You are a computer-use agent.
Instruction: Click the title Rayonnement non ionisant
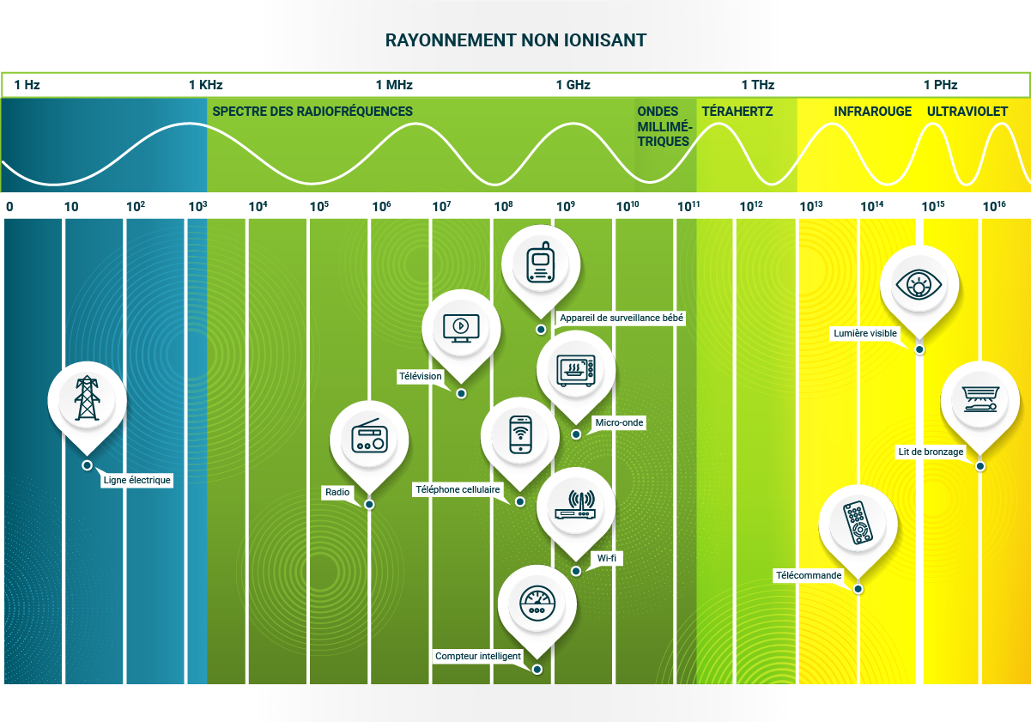click(x=515, y=40)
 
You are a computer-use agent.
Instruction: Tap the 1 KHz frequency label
click(x=206, y=85)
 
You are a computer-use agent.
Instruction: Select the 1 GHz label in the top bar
click(x=573, y=85)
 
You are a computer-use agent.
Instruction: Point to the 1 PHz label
click(x=940, y=85)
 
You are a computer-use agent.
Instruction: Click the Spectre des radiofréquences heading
click(x=312, y=112)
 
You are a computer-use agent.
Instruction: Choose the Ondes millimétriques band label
click(x=664, y=126)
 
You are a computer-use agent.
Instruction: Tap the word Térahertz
click(x=737, y=112)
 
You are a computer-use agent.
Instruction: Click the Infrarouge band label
click(x=872, y=112)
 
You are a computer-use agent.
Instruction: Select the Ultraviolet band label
click(x=967, y=112)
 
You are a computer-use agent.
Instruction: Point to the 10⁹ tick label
click(x=565, y=206)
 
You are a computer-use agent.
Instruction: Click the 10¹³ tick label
click(x=810, y=206)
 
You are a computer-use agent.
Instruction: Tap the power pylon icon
click(x=88, y=398)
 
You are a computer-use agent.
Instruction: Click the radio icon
click(x=370, y=436)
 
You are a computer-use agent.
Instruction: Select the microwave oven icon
click(x=576, y=370)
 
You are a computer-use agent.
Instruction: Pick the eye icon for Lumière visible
click(x=919, y=283)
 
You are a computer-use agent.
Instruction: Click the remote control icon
click(x=858, y=523)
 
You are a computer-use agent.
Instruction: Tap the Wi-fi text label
click(x=606, y=558)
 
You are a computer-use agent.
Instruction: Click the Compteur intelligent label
click(x=478, y=656)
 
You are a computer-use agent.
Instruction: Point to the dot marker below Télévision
click(x=461, y=393)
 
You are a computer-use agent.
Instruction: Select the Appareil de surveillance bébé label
click(x=621, y=318)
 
